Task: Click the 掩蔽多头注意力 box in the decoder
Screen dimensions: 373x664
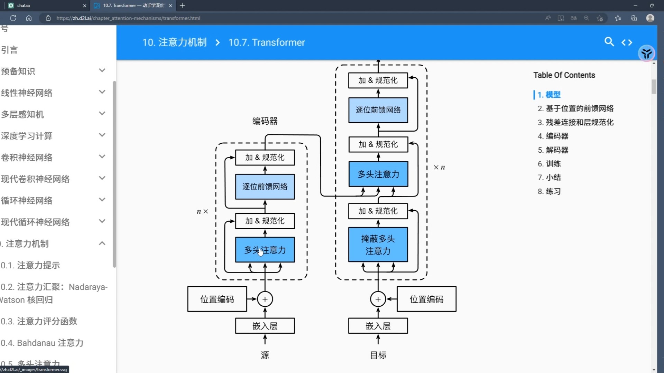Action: tap(378, 245)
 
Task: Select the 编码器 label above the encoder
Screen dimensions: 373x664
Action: tap(265, 121)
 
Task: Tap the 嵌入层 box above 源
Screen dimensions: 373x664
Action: tap(265, 326)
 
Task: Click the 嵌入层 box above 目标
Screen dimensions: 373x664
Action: tap(378, 326)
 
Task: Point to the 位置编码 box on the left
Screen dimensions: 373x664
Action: tap(217, 299)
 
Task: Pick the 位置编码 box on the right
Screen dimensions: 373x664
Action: tap(426, 299)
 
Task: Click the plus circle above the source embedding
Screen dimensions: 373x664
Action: tap(265, 299)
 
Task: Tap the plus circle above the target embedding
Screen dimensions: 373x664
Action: tap(378, 299)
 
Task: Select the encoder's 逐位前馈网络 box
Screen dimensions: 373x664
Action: tap(265, 186)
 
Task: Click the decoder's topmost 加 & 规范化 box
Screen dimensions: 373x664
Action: tap(378, 80)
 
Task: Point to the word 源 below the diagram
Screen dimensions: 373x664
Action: tap(265, 355)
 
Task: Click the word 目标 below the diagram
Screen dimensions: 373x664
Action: tap(378, 355)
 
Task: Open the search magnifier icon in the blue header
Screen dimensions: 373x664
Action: tap(609, 42)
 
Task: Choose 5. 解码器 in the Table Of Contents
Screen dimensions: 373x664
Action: tap(553, 150)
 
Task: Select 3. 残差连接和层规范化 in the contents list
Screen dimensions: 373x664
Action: tap(575, 122)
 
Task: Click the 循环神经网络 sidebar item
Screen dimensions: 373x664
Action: tap(27, 200)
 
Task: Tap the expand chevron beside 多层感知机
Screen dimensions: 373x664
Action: tap(102, 113)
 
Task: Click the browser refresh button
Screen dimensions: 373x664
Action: tap(13, 18)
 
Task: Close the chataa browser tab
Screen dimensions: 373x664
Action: tap(85, 6)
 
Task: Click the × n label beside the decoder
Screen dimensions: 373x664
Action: tap(439, 167)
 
